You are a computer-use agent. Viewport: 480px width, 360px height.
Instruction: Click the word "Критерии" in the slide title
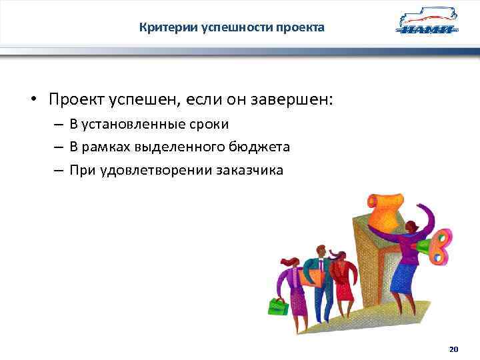pyautogui.click(x=161, y=27)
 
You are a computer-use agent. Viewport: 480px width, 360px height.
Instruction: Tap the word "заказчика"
pyautogui.click(x=249, y=170)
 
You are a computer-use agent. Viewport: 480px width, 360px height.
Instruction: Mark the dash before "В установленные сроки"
pyautogui.click(x=59, y=125)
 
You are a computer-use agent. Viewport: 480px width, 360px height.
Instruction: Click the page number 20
pyautogui.click(x=454, y=349)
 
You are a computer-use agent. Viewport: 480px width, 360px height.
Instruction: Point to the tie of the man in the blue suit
pyautogui.click(x=319, y=270)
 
